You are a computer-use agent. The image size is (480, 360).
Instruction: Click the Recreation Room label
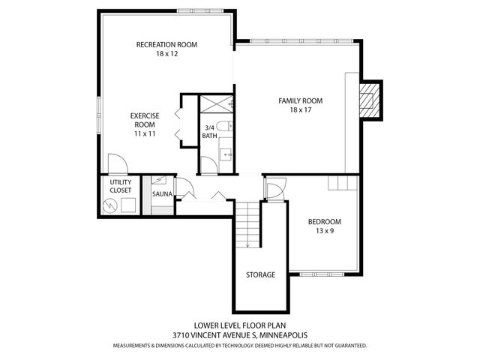pyautogui.click(x=166, y=45)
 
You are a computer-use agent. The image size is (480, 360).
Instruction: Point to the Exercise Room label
pyautogui.click(x=144, y=119)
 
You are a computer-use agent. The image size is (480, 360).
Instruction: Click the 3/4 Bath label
pyautogui.click(x=209, y=132)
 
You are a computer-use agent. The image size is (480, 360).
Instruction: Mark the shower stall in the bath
pyautogui.click(x=214, y=105)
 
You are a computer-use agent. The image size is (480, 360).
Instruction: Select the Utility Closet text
pyautogui.click(x=121, y=186)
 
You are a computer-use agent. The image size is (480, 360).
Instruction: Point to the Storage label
pyautogui.click(x=260, y=274)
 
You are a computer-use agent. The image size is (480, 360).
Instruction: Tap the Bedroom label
pyautogui.click(x=325, y=222)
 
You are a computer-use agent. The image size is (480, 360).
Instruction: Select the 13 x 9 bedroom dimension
pyautogui.click(x=325, y=232)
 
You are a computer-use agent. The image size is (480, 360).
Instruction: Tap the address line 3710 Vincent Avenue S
pyautogui.click(x=240, y=336)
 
